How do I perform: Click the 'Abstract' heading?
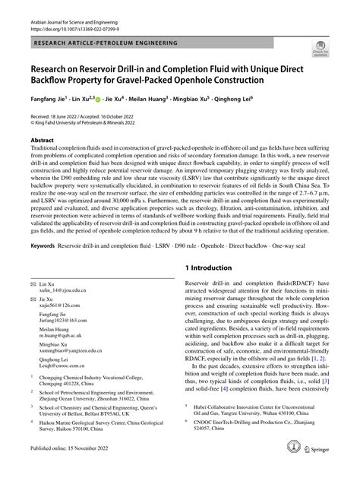click(42, 141)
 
